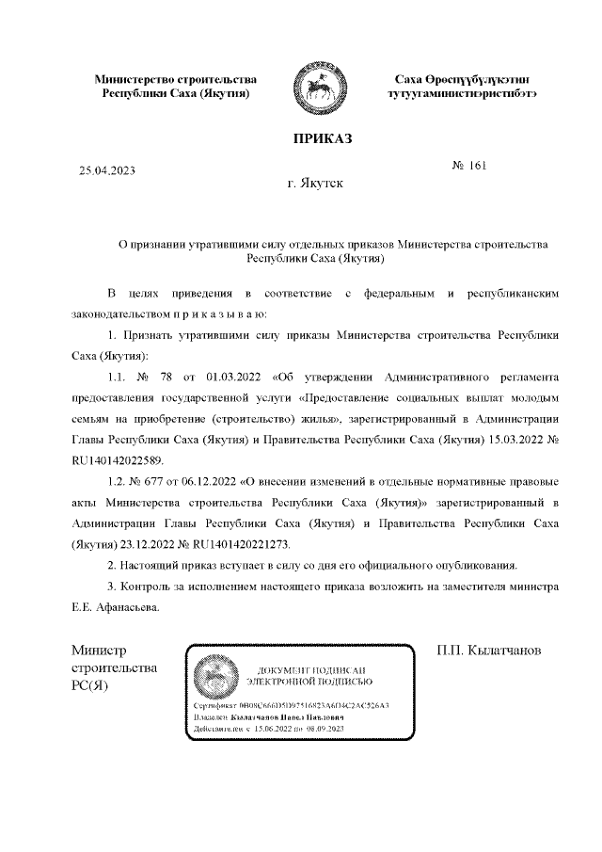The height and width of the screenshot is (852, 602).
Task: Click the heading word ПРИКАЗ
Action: pos(322,139)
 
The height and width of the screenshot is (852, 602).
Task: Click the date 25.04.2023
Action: pos(107,171)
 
